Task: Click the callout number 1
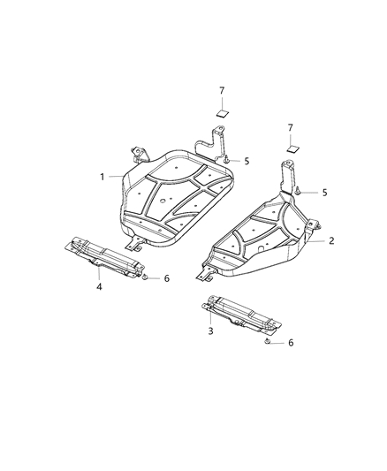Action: tap(102, 177)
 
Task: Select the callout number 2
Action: tap(330, 240)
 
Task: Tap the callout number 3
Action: tap(210, 330)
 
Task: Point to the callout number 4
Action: tap(99, 286)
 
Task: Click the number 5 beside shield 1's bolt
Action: tap(247, 161)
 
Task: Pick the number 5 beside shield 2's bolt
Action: tap(324, 192)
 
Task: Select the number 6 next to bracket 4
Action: tap(165, 278)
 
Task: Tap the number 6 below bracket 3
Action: tap(290, 342)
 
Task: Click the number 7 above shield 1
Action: tap(223, 92)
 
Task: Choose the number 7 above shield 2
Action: tap(290, 128)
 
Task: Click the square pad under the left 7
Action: tap(223, 112)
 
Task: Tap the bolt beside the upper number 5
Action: tap(228, 161)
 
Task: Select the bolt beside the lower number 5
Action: tap(302, 191)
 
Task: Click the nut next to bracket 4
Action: tap(145, 277)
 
